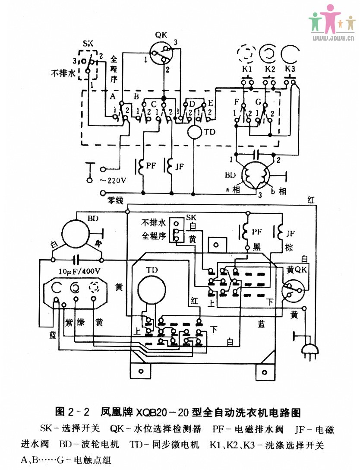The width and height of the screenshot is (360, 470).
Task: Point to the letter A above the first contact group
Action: click(x=113, y=96)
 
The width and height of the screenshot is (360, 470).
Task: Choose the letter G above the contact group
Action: click(x=258, y=102)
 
